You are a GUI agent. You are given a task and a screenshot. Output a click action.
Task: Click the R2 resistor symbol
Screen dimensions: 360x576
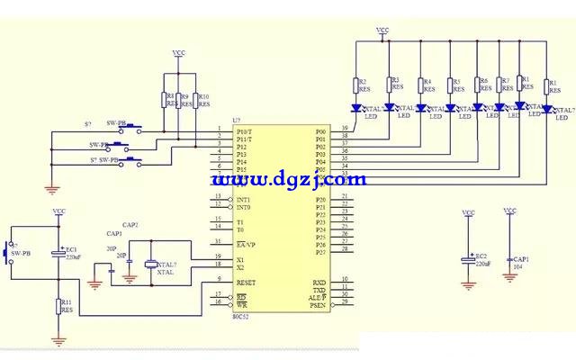point(356,85)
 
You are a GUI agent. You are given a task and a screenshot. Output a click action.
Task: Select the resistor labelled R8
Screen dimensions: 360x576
point(165,99)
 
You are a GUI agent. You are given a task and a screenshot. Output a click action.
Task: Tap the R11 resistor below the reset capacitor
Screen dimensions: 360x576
point(60,306)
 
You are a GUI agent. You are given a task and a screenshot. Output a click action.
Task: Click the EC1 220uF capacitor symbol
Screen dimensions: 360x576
point(59,253)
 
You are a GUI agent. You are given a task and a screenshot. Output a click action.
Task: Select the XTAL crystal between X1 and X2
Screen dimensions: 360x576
point(149,263)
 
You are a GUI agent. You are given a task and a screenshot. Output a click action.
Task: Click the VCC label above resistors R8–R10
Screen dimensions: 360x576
point(178,54)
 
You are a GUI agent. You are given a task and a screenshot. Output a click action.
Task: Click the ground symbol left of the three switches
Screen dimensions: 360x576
point(51,188)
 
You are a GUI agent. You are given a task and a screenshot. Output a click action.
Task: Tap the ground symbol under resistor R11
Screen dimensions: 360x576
point(60,340)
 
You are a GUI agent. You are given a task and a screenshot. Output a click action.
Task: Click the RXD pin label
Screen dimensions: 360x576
point(319,282)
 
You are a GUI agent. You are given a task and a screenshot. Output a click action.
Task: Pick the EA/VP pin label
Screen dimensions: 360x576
point(246,243)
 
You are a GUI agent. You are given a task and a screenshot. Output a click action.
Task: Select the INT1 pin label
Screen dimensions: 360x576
point(244,199)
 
